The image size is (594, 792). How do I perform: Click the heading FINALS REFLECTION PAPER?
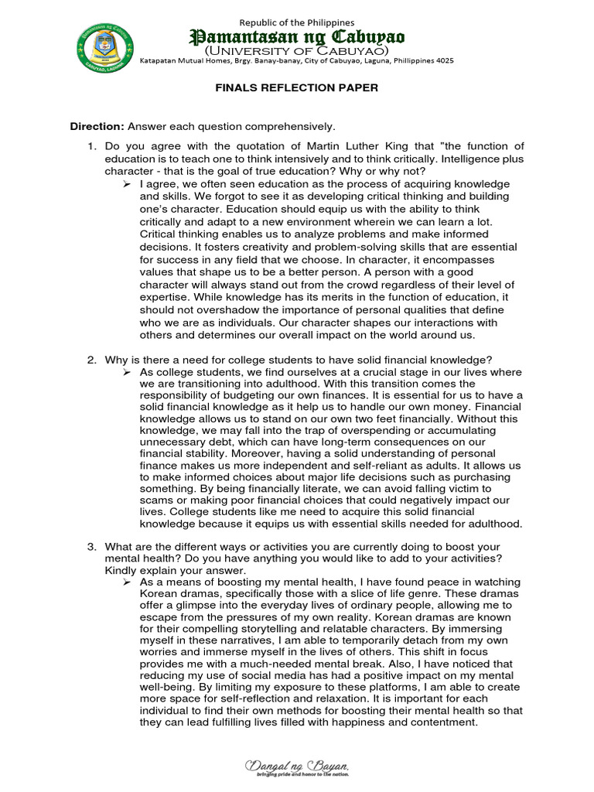click(x=296, y=88)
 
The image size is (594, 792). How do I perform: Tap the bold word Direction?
click(x=97, y=126)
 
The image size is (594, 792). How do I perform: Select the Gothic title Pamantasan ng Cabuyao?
click(x=297, y=37)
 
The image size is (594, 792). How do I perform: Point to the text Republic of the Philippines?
click(x=297, y=22)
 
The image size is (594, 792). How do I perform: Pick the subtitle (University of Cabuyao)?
click(x=296, y=50)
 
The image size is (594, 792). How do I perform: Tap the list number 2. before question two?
click(x=90, y=360)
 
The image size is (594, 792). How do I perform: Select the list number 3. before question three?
click(x=90, y=547)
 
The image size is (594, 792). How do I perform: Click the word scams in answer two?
click(x=154, y=500)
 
